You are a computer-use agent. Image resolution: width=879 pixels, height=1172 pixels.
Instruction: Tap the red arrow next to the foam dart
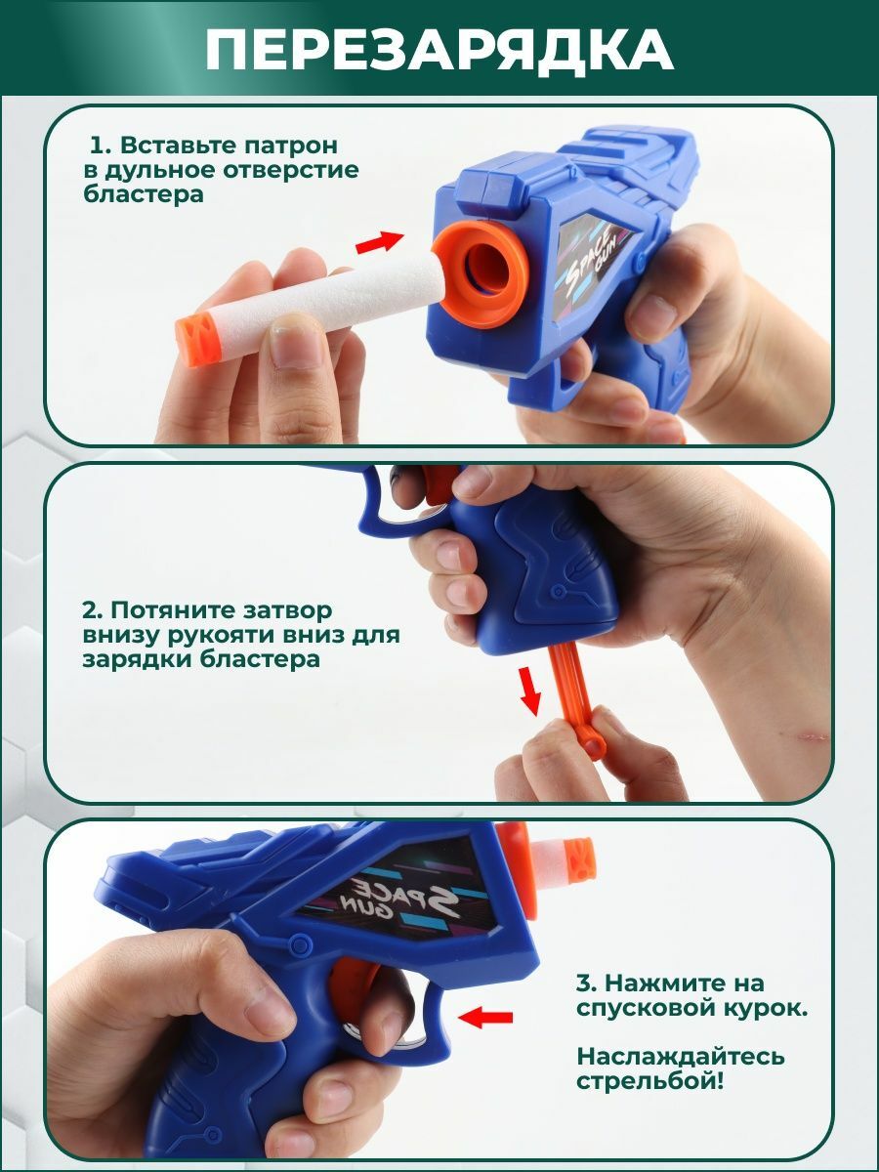click(380, 242)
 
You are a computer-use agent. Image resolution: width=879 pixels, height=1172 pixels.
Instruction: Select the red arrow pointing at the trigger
click(485, 1019)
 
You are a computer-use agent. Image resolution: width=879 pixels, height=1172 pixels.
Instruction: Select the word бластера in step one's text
click(144, 193)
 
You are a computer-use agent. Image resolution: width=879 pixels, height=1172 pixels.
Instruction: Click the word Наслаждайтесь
click(681, 1056)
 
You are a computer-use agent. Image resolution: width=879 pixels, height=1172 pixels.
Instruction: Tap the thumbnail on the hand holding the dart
click(295, 339)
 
